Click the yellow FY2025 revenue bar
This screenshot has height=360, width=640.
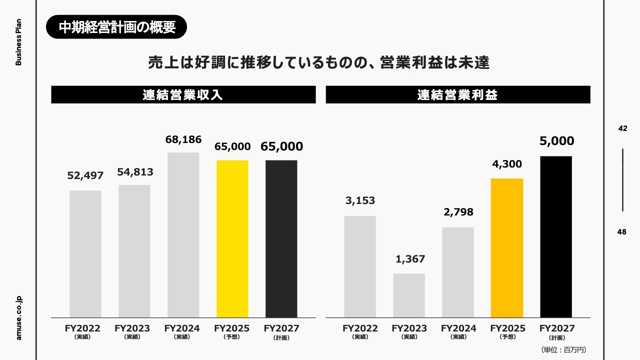point(232,238)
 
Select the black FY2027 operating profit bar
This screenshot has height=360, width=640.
point(556,236)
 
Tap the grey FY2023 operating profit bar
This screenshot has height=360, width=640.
point(409,295)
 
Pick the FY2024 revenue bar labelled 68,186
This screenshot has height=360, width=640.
point(183,234)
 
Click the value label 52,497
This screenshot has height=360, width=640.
point(85,175)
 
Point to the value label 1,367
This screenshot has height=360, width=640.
point(410,259)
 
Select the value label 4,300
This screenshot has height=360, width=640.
point(507,164)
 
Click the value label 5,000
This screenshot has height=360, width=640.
point(556,141)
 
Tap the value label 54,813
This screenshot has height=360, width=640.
point(135,172)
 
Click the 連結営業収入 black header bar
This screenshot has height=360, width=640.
point(183,95)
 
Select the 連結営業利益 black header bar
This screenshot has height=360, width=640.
point(457,95)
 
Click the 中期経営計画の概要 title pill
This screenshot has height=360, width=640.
point(116,27)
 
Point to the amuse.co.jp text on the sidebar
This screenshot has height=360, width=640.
point(19,317)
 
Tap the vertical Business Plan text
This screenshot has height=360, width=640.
point(19,43)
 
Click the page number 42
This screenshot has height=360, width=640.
point(622,128)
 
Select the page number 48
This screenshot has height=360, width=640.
point(622,232)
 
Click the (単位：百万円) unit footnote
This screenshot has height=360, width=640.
point(563,349)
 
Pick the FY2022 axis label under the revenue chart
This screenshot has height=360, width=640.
point(82,329)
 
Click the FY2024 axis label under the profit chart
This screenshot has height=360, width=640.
point(458,329)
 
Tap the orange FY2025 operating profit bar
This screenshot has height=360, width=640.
point(507,247)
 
